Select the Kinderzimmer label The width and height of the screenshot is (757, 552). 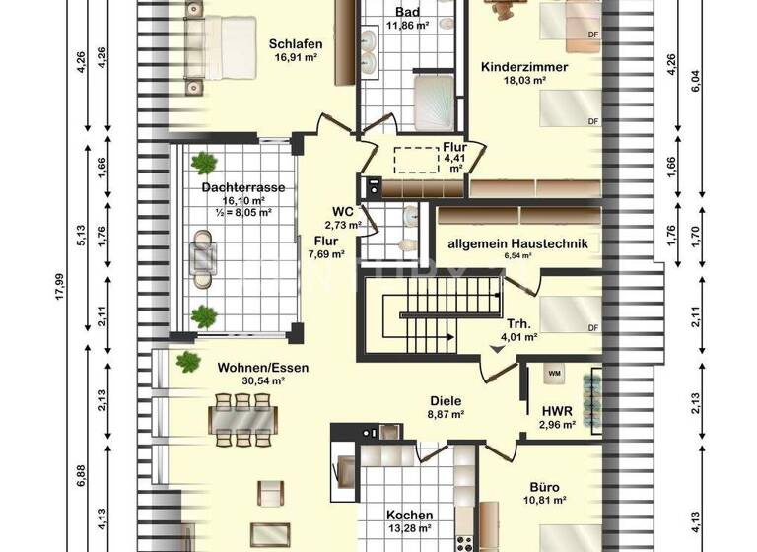(524, 67)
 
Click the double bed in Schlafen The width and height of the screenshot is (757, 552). (211, 51)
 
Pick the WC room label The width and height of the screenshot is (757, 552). (343, 211)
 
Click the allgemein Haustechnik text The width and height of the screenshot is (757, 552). (517, 243)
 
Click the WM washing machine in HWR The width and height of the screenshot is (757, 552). (553, 373)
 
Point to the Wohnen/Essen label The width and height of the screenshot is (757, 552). (263, 368)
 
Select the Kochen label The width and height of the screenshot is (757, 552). (408, 516)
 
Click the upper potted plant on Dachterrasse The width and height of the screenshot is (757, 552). (204, 163)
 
